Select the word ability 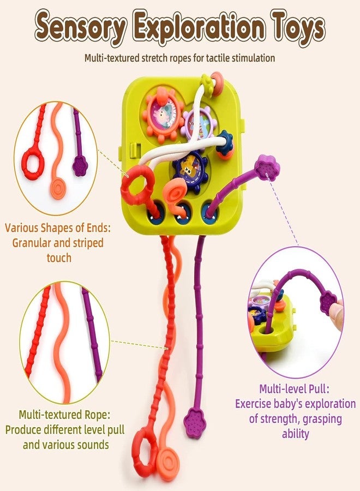coord(295,434)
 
